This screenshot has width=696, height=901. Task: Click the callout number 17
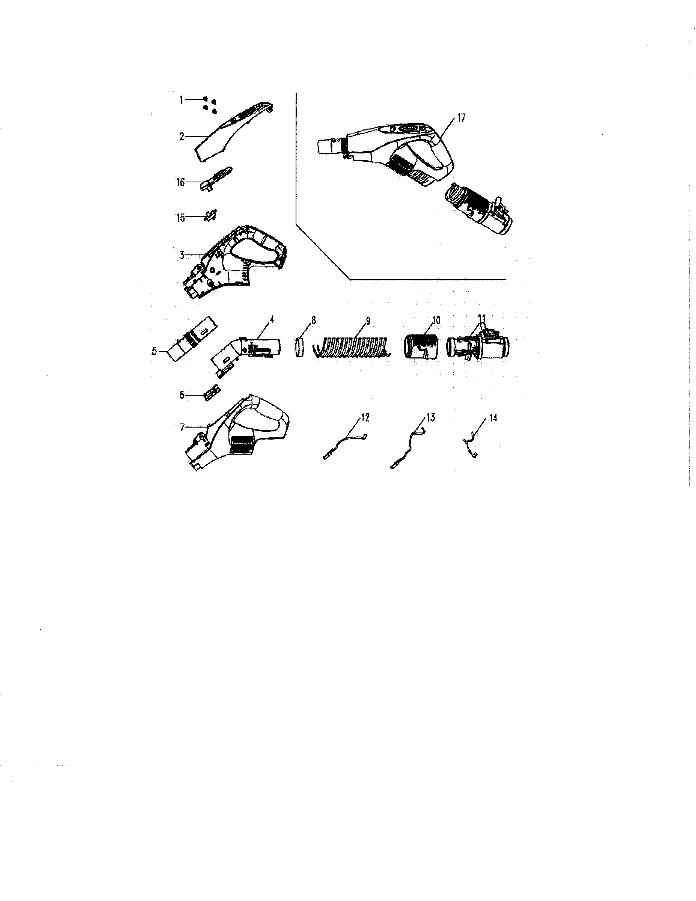[x=461, y=118]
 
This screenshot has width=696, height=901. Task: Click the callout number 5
[x=154, y=351]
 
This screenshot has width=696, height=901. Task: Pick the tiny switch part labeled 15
[x=211, y=215]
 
